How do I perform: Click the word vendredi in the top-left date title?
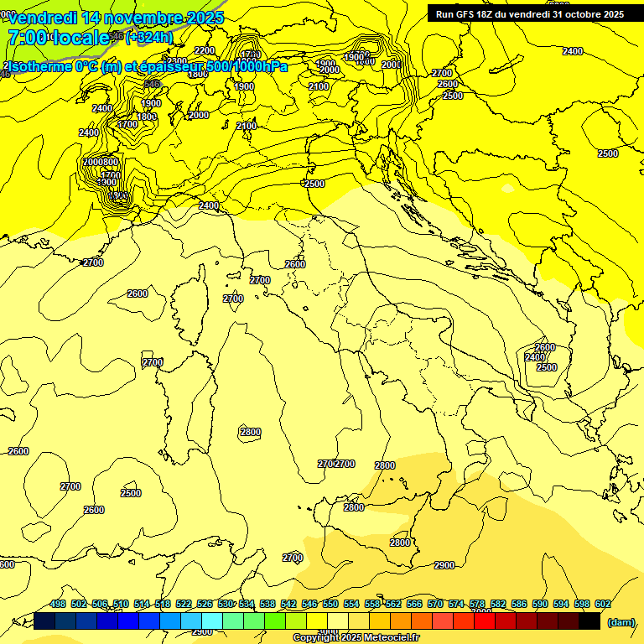pos(42,18)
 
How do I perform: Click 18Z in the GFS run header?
pos(486,14)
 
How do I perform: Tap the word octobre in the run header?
pos(578,14)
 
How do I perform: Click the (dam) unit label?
pos(620,621)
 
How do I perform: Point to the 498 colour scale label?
pos(58,604)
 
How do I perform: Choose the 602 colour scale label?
pos(602,604)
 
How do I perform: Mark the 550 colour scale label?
pos(330,604)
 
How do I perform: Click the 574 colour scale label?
pos(456,604)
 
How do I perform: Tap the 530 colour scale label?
pos(226,604)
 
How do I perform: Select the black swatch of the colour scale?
pos(589,621)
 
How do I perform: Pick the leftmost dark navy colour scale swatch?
pos(45,621)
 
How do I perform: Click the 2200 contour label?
pos(205,51)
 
